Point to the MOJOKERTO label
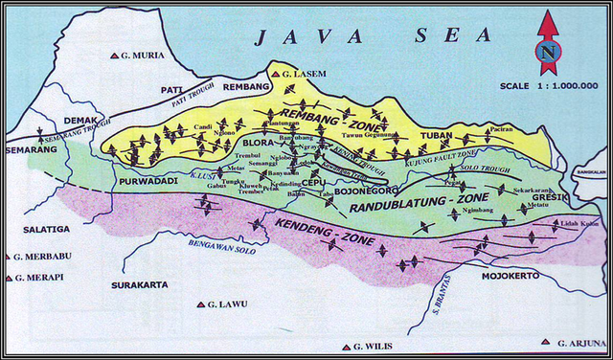coord(509,275)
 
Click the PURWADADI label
coord(145,181)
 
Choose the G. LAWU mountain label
coord(227,304)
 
